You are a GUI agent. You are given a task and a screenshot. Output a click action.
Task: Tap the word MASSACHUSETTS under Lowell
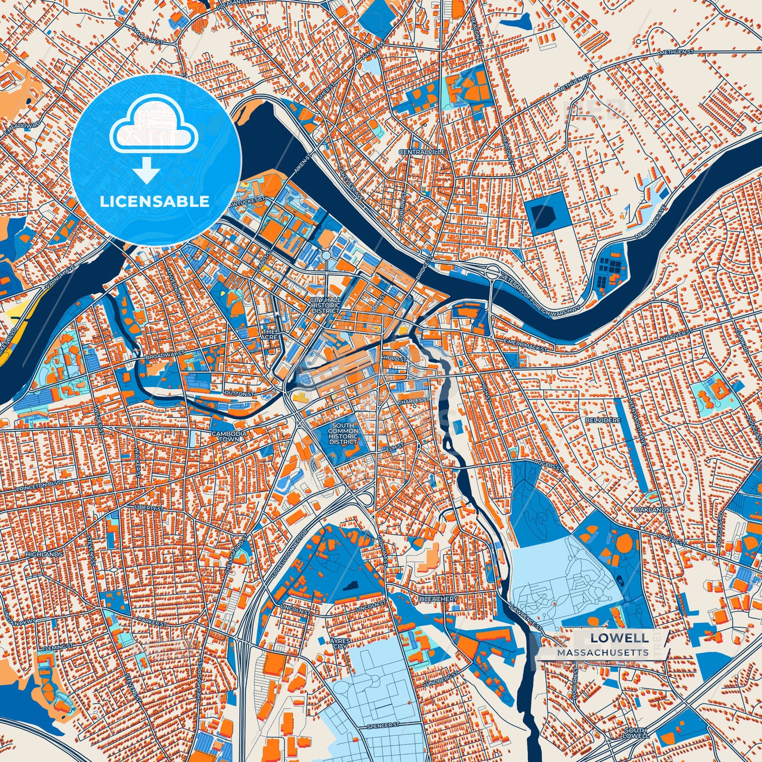pos(603,652)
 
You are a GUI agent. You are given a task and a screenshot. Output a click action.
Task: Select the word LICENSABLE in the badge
pos(155,201)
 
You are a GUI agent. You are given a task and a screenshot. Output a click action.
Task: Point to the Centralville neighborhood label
pos(422,152)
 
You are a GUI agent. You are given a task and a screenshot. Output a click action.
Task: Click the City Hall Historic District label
pos(325,305)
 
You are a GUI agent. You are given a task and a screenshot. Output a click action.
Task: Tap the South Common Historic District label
pos(343,433)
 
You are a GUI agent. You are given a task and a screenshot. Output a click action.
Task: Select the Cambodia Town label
pos(229,436)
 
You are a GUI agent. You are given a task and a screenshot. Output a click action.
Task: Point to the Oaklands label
pos(652,510)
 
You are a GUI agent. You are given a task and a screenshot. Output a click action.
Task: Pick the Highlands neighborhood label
pos(44,555)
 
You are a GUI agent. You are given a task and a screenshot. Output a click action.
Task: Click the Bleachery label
pos(438,599)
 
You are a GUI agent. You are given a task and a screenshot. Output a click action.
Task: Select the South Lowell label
pos(635,733)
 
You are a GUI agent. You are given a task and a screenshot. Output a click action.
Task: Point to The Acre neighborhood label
pos(269,334)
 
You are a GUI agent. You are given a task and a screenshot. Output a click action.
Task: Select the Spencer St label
pos(380,726)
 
